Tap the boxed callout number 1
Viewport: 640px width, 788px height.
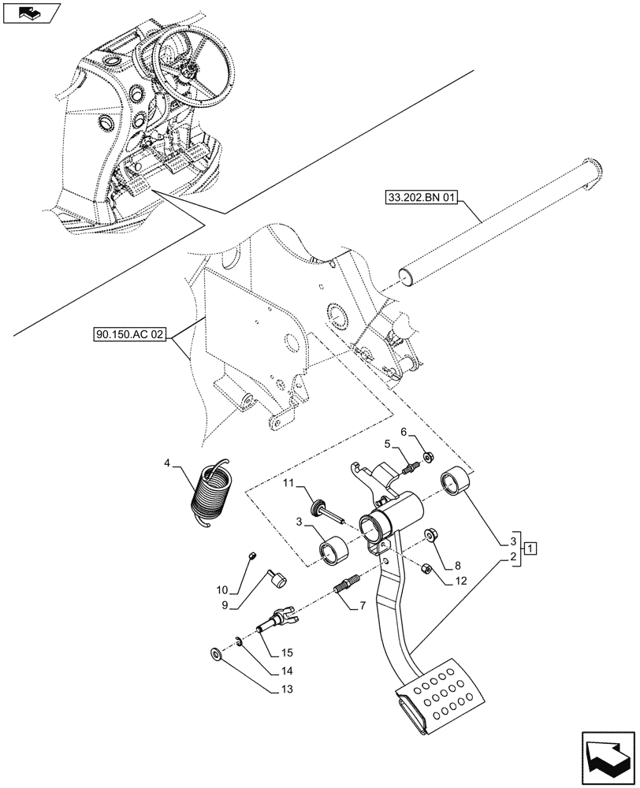tap(532, 548)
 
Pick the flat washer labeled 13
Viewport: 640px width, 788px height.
tap(216, 653)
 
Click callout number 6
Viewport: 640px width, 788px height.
tap(403, 433)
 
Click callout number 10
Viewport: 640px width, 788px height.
tap(221, 589)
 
